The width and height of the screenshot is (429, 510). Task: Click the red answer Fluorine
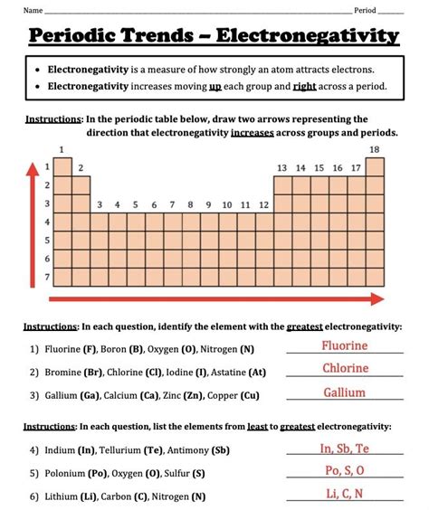tap(345, 345)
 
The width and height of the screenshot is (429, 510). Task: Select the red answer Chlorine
tap(345, 369)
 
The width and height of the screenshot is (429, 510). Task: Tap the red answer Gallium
tap(345, 392)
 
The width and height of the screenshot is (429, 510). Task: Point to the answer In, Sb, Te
tap(345, 449)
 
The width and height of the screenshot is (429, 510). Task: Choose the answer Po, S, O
tap(345, 471)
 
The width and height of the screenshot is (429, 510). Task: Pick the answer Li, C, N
tap(345, 494)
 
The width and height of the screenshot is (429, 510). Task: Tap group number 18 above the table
tap(375, 148)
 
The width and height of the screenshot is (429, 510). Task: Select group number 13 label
tap(281, 168)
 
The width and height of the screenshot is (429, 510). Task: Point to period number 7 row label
tap(46, 277)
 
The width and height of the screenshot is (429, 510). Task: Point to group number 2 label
tap(80, 168)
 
